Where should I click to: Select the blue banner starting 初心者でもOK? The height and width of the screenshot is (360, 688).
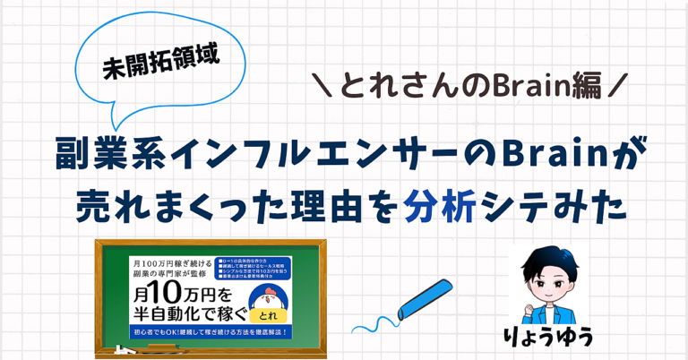pos(211,334)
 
